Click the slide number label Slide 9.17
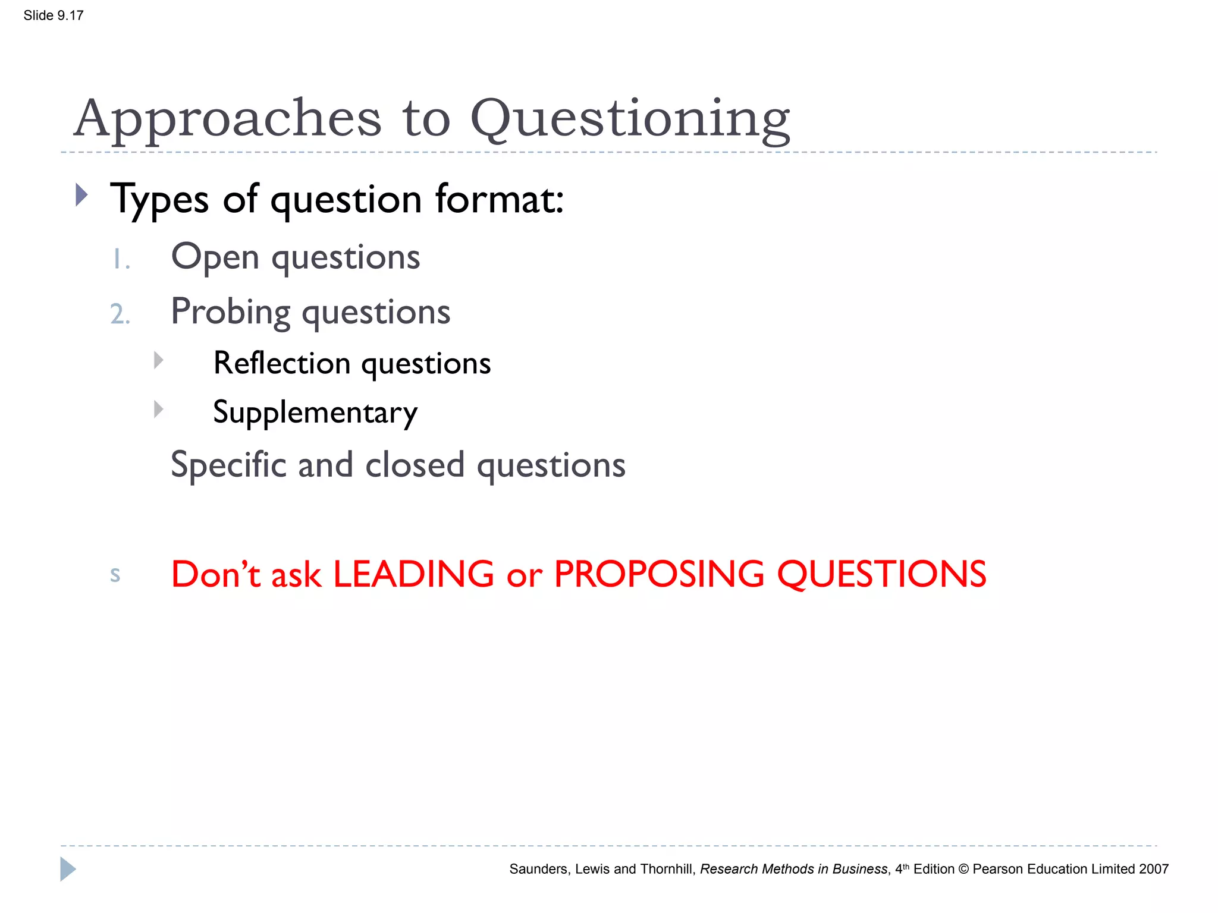click(53, 15)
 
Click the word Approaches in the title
click(227, 118)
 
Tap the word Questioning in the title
click(630, 118)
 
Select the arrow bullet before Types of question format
click(82, 195)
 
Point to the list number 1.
click(121, 260)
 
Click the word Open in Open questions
click(215, 257)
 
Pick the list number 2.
click(120, 314)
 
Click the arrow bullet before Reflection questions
click(158, 360)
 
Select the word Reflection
click(282, 363)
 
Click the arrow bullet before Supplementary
click(158, 409)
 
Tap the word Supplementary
click(315, 413)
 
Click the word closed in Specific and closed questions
click(415, 465)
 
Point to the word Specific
click(228, 465)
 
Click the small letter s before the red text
click(115, 575)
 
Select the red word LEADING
click(413, 574)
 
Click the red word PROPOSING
click(658, 574)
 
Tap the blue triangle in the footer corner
click(67, 869)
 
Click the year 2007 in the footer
click(1153, 869)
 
